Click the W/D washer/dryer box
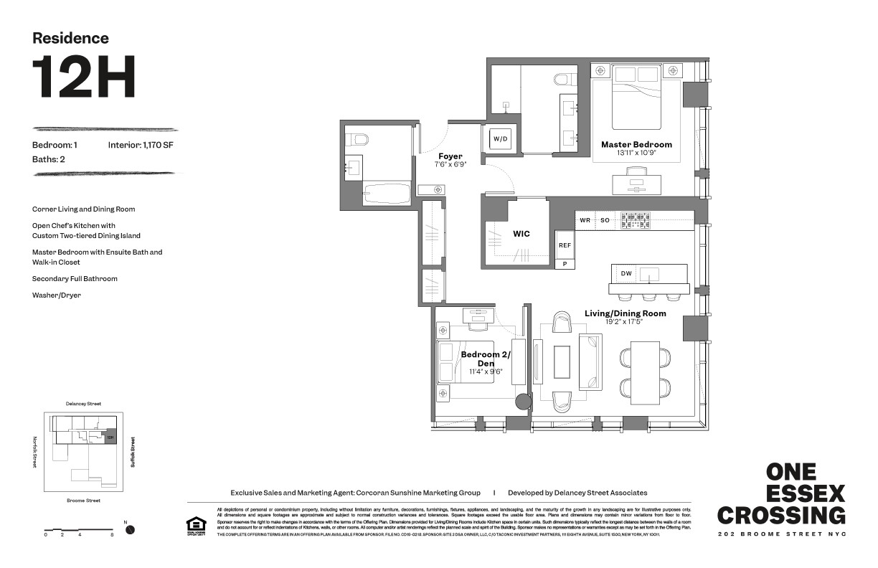499,138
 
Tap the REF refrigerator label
565,245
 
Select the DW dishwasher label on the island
626,273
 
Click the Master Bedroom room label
636,144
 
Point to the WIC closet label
521,234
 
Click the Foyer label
450,156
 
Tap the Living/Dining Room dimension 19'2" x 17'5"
624,322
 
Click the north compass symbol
130,530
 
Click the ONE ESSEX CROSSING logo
781,493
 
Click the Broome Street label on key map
82,500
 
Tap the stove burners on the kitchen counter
636,220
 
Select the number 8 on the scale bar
112,535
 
